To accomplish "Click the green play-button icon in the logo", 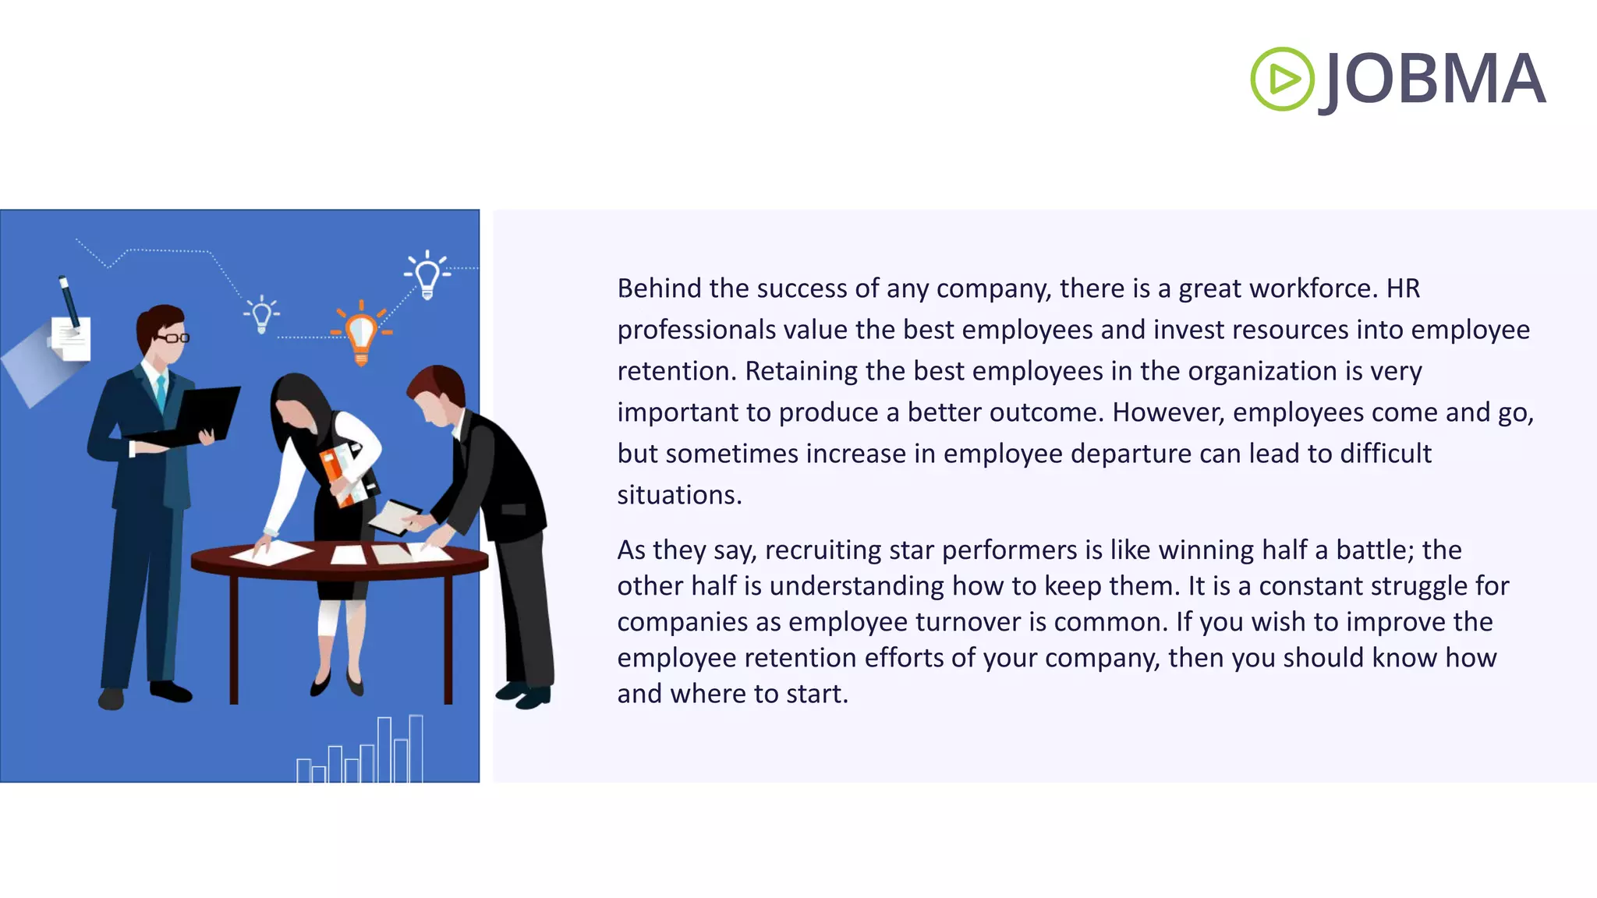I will (1282, 79).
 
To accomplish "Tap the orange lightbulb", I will (361, 333).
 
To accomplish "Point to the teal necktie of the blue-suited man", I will (161, 394).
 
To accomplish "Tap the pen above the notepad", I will (69, 301).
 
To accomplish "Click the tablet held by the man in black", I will (394, 516).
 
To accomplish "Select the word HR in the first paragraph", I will (1403, 288).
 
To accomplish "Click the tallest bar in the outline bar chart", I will (416, 748).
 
